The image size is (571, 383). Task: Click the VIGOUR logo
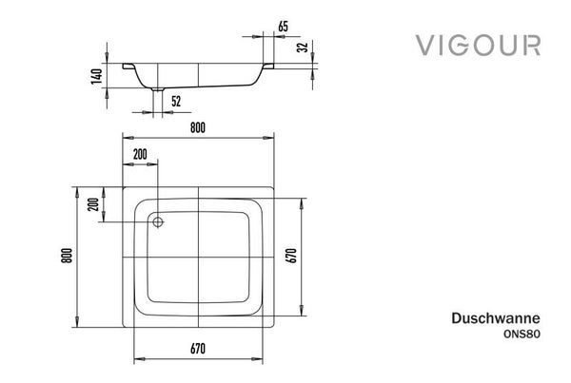click(x=478, y=45)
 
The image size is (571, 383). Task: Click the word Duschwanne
click(x=496, y=318)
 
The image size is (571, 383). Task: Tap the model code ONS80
click(x=522, y=335)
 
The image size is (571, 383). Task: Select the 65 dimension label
click(x=283, y=27)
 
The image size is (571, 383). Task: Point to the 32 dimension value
click(x=303, y=48)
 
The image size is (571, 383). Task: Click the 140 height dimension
click(x=97, y=76)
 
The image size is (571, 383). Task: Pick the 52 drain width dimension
click(x=176, y=101)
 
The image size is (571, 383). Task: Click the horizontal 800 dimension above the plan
click(x=198, y=127)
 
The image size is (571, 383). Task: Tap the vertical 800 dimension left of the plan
click(x=67, y=256)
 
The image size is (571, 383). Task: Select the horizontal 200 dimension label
click(x=140, y=154)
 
